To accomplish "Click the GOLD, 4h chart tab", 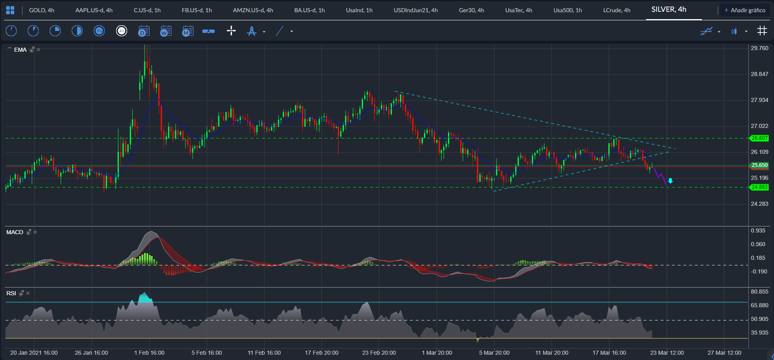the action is tap(42, 10).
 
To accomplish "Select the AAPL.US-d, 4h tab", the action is tap(94, 10).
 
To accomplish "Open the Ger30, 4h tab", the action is tap(471, 10).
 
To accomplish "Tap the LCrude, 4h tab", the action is tap(616, 10).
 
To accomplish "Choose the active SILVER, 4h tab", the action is tap(669, 9).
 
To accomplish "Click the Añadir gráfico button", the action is tap(745, 10).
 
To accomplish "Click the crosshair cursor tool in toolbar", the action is tap(231, 31).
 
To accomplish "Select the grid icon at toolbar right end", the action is tap(762, 31).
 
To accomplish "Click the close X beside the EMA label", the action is tap(38, 50).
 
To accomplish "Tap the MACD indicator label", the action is tap(15, 232).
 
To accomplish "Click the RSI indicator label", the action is tap(11, 293).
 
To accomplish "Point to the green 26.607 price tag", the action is tap(759, 138).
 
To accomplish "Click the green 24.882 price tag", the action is tap(759, 187).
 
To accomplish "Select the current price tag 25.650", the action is tap(759, 165).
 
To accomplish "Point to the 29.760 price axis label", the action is tap(759, 48).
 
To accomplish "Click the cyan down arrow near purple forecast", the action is tap(670, 181).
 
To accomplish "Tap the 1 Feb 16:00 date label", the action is tap(149, 353).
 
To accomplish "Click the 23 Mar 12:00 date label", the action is tap(667, 353).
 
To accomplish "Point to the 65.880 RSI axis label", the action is tap(759, 305).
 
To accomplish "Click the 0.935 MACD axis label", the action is tap(758, 230).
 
